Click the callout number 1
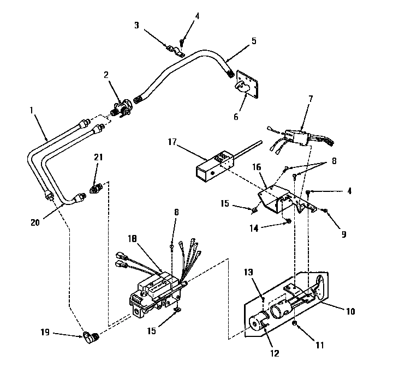pyautogui.click(x=32, y=110)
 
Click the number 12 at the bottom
pyautogui.click(x=274, y=354)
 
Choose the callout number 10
pyautogui.click(x=350, y=312)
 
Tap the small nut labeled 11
pyautogui.click(x=295, y=324)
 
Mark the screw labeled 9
pyautogui.click(x=325, y=210)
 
